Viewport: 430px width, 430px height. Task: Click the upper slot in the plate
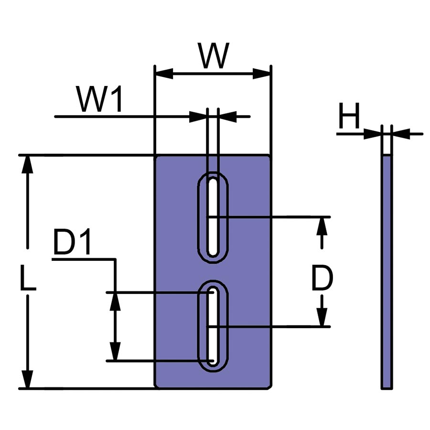pos(213,217)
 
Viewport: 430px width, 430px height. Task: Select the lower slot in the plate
pos(213,326)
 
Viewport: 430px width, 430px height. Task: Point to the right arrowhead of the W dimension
pos(262,74)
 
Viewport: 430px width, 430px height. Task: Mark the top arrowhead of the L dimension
pos(28,165)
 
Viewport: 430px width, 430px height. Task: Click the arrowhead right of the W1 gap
pos(228,116)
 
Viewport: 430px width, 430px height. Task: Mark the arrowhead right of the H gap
pos(401,134)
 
